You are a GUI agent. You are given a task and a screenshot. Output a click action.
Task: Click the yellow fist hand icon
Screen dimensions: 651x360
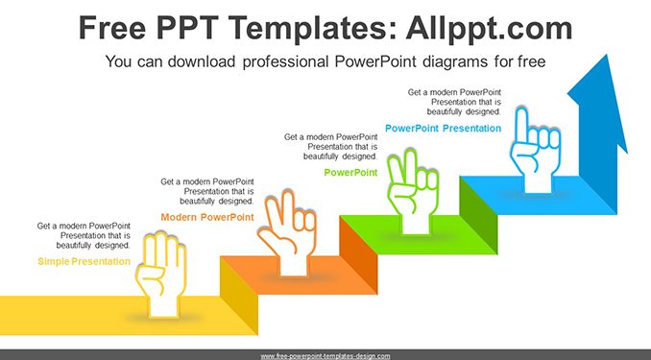point(160,274)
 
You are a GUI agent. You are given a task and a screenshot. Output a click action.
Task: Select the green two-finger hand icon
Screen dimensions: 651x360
point(412,192)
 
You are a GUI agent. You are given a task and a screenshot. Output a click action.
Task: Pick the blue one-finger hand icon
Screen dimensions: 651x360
point(536,151)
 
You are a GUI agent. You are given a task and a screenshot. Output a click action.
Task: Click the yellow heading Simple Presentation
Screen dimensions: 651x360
point(84,261)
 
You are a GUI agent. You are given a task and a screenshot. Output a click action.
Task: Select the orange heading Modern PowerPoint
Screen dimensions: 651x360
point(207,217)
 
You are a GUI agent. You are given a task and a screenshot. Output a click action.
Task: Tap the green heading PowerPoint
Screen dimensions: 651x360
point(350,173)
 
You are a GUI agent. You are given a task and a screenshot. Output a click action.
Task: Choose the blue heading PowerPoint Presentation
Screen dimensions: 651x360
point(443,129)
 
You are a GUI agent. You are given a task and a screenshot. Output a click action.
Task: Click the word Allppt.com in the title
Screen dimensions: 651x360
point(489,28)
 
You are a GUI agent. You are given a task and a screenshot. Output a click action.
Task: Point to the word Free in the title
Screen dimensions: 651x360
point(112,28)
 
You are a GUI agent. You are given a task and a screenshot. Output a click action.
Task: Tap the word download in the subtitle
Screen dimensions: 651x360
point(202,61)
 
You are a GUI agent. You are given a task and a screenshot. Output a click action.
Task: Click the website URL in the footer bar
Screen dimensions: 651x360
point(325,356)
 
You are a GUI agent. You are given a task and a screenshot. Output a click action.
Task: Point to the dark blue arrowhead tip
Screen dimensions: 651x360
point(607,55)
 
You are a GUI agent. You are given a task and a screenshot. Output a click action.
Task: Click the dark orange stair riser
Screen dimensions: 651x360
point(358,255)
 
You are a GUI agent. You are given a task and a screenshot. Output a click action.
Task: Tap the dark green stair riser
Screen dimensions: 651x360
point(478,215)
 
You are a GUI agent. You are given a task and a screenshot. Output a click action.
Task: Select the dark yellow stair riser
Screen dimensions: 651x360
point(239,296)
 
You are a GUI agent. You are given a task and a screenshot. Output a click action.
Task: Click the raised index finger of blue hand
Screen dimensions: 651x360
point(521,125)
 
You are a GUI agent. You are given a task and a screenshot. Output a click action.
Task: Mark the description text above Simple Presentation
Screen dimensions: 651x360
point(84,235)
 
